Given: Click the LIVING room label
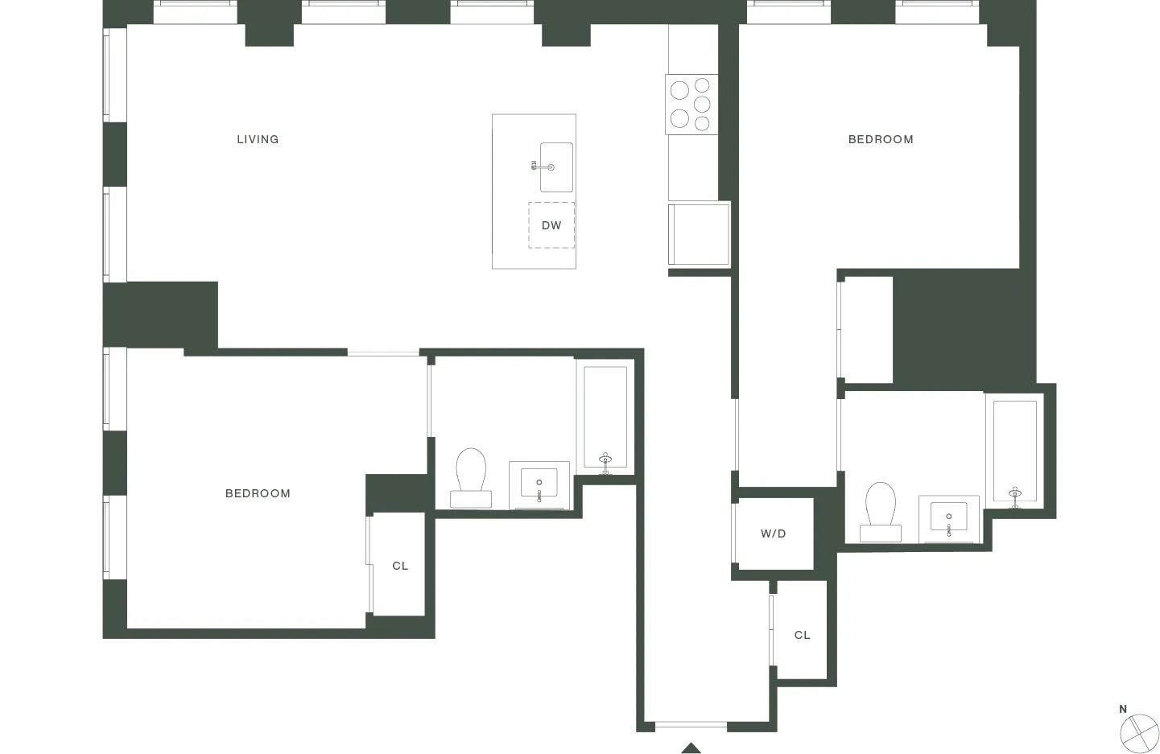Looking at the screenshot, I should pos(258,139).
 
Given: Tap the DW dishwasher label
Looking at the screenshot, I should pos(551,225).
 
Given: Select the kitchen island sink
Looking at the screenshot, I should pos(556,167).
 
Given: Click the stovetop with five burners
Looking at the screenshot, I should pos(691,104).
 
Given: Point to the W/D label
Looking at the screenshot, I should pos(774,534).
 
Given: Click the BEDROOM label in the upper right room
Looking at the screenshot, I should pos(881,139).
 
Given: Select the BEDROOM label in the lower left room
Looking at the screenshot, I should pos(258,493).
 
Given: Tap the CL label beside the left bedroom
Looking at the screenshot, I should pos(400,566).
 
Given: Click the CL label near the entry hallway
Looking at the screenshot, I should pos(803,635).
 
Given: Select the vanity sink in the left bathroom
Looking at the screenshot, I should pos(539,484).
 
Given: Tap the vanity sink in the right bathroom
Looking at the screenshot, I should pos(949,517).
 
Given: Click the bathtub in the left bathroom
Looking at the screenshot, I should pos(605,418).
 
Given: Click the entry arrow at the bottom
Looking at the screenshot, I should pos(691,748).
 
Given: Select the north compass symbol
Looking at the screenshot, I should pos(1139,731).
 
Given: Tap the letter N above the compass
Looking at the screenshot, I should pos(1123,709).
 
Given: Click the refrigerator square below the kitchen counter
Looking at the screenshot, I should pos(700,233).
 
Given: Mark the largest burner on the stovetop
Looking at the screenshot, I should pos(680,90).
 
